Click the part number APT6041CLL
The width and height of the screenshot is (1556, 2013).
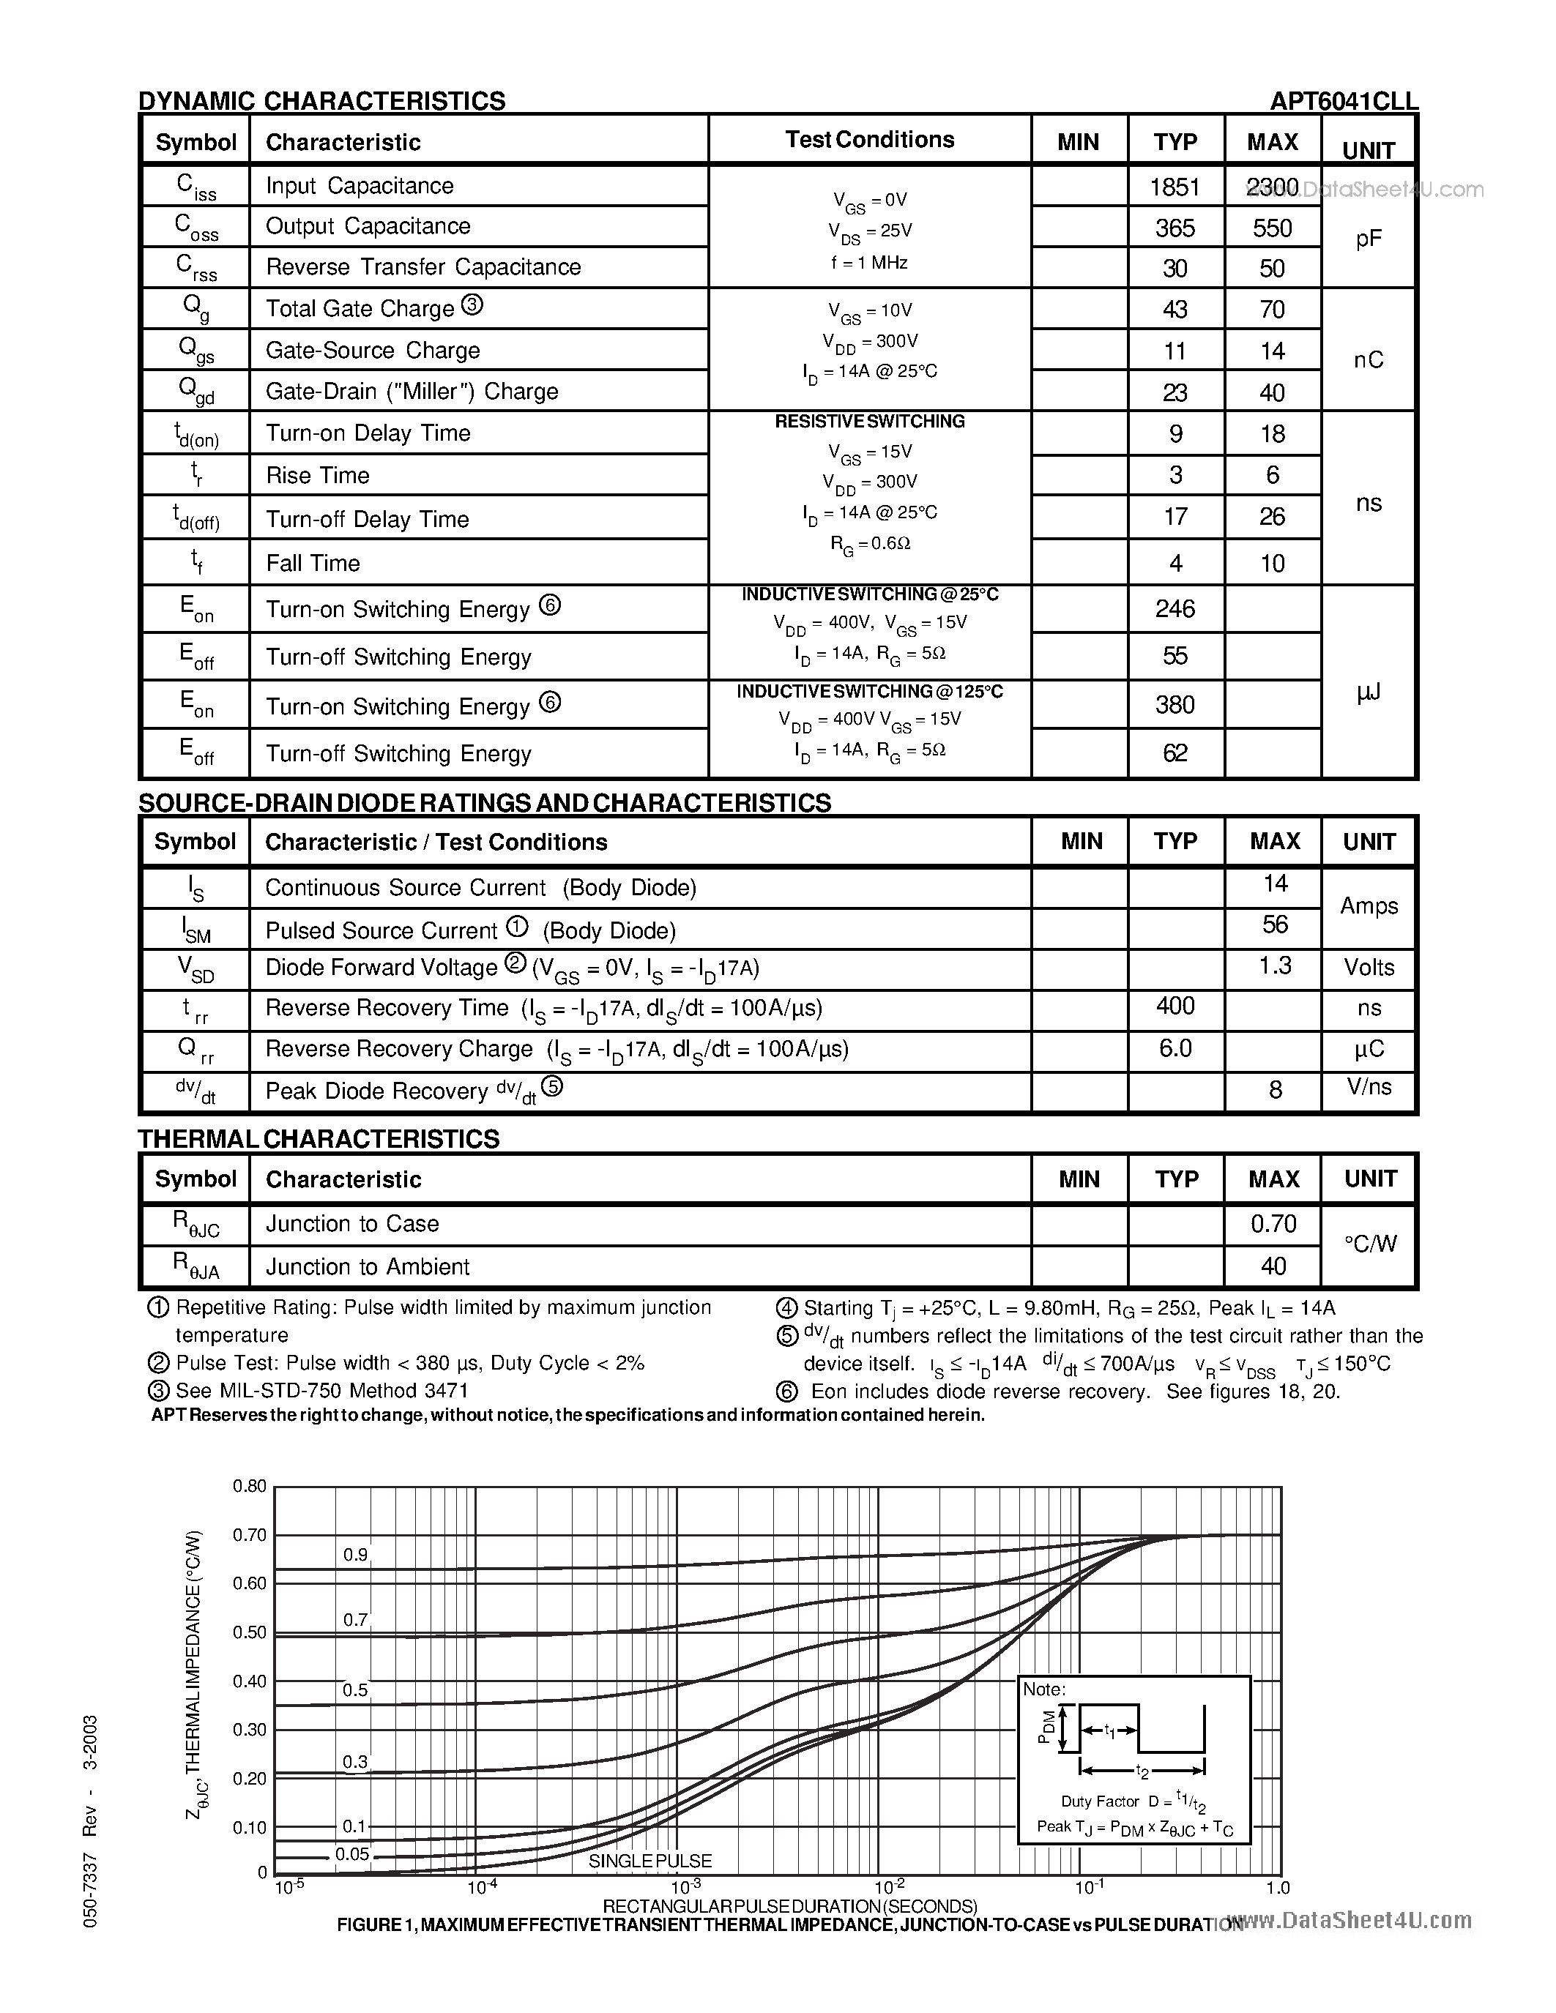(1343, 100)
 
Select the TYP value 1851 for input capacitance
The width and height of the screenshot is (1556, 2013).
(1175, 187)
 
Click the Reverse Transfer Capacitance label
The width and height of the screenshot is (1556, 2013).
(423, 267)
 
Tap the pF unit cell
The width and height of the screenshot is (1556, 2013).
(1368, 239)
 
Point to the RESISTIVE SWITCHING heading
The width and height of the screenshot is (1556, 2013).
(869, 421)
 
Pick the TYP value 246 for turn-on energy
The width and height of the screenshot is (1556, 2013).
(1175, 608)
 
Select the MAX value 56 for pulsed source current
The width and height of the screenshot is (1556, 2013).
(1274, 925)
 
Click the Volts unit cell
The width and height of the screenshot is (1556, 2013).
(1369, 967)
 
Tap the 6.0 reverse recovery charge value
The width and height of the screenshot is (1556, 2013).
(1175, 1049)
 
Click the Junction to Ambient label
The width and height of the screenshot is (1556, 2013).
(367, 1267)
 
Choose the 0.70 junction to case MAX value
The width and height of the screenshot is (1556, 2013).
(1273, 1224)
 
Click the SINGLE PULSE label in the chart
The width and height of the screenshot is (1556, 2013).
(650, 1861)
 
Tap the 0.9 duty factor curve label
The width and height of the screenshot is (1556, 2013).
(355, 1555)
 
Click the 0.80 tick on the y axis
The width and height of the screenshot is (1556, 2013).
(249, 1486)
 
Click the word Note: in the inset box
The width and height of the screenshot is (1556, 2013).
(1044, 1689)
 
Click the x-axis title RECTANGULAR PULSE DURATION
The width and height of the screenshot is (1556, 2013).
(789, 1905)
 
